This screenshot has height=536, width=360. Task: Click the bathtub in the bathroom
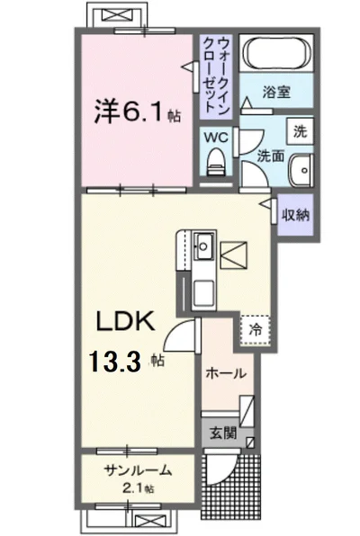point(277,53)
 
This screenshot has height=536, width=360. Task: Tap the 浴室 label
point(276,92)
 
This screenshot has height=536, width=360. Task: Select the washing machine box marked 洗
point(300,131)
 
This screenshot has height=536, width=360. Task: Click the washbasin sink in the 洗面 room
point(301,170)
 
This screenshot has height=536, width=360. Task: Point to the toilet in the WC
point(216,162)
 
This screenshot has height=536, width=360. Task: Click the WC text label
point(216,138)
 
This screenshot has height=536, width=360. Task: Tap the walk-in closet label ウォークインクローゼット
point(216,76)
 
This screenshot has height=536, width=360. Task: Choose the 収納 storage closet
point(296,215)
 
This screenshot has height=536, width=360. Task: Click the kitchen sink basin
point(204,246)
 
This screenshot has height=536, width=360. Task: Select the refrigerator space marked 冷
point(256,330)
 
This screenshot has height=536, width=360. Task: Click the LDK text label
point(125,321)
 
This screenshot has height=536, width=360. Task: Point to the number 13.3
point(114,362)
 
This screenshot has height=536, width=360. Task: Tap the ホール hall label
point(226,373)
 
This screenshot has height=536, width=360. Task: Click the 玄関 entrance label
point(223,433)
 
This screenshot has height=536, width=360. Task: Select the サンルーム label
point(138,470)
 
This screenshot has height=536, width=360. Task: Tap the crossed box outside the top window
point(117,15)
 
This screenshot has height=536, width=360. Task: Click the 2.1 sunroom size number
point(132,488)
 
